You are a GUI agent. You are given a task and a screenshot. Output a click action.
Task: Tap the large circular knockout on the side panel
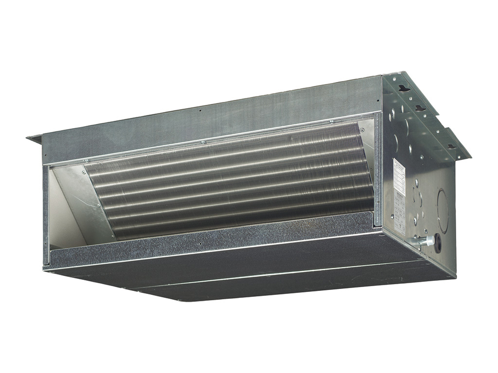point(442,204)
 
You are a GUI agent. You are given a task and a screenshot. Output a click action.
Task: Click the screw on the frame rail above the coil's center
point(203,142)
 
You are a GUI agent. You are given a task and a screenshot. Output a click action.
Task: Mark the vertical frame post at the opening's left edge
point(46,214)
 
